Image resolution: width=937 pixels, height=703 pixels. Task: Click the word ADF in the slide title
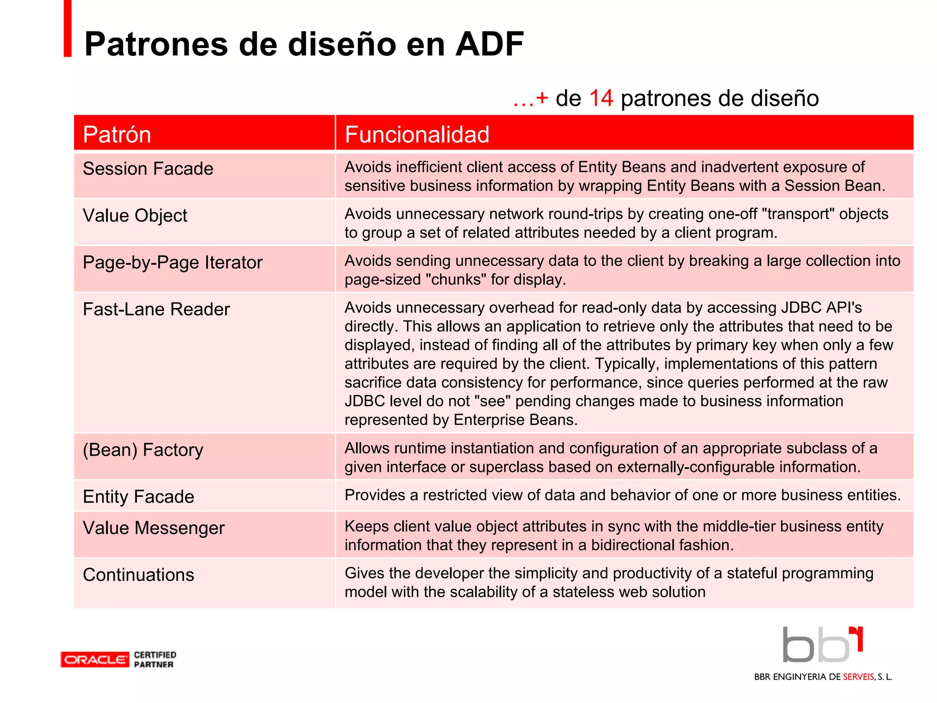click(x=489, y=44)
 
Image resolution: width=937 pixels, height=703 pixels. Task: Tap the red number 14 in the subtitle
click(x=601, y=98)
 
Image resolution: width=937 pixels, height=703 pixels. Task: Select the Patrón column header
click(x=117, y=135)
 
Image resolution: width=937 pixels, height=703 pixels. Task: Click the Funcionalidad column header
click(x=417, y=135)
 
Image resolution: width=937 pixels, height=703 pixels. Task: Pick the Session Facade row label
click(x=148, y=169)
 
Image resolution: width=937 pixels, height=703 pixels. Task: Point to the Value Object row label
click(x=135, y=216)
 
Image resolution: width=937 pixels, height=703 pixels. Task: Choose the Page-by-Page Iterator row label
click(x=172, y=263)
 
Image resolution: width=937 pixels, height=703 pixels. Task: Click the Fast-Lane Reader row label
click(x=156, y=309)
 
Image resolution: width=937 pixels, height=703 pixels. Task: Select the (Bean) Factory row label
click(x=143, y=450)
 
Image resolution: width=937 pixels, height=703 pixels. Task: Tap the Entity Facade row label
click(x=138, y=497)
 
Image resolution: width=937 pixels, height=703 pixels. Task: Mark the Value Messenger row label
click(x=153, y=528)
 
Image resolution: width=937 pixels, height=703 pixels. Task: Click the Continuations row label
click(x=138, y=575)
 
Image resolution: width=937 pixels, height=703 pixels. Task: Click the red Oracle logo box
click(x=95, y=660)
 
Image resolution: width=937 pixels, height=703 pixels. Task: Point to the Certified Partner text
click(x=155, y=660)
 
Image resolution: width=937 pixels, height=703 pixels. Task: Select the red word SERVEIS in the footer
click(x=858, y=677)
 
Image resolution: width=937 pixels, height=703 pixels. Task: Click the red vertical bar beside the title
click(x=68, y=28)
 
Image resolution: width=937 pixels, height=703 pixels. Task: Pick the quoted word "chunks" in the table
click(x=456, y=280)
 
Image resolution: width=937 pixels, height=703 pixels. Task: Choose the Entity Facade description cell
click(x=622, y=495)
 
